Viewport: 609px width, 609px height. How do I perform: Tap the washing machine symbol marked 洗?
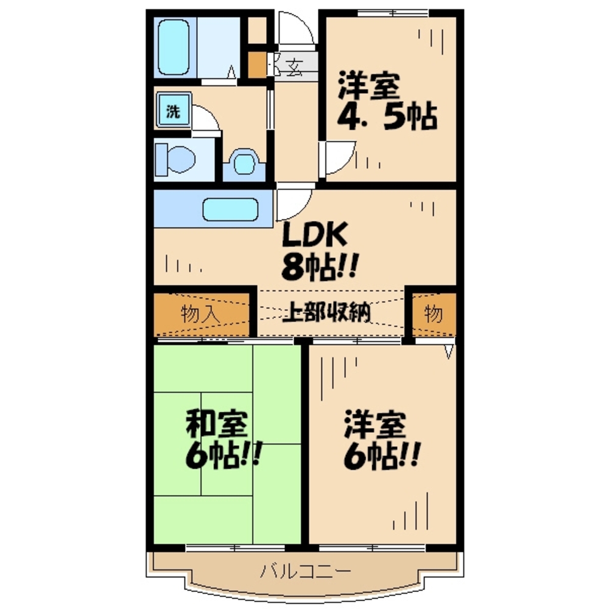pos(174,111)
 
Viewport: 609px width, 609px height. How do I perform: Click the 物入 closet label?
pos(201,315)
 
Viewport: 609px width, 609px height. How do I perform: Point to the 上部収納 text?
pos(327,314)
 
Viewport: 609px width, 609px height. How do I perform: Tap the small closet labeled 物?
pos(434,315)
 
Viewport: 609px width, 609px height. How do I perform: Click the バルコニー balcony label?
pos(306,572)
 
